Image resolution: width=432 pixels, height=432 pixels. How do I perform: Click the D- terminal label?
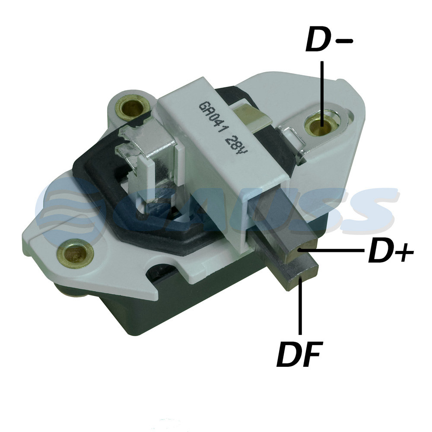tap(329, 39)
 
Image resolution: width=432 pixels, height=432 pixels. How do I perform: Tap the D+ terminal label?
tap(391, 251)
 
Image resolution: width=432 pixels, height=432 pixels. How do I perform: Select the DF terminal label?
tap(300, 354)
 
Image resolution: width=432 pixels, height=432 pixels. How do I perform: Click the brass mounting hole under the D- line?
tap(321, 125)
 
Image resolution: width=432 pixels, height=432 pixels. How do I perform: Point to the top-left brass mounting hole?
tap(132, 108)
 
